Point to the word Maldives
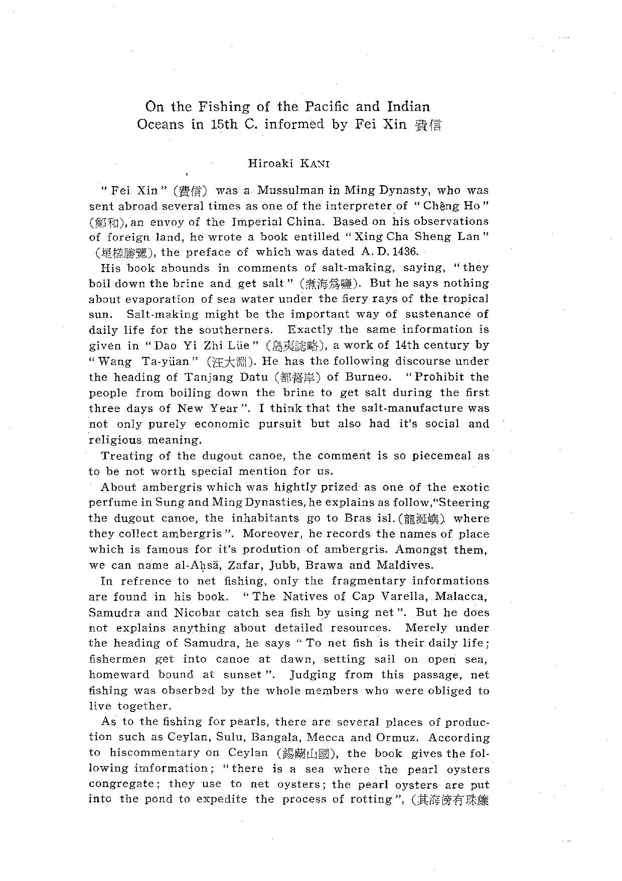click(x=404, y=565)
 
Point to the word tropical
click(x=460, y=299)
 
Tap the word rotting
click(x=367, y=799)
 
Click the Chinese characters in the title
click(x=428, y=125)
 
